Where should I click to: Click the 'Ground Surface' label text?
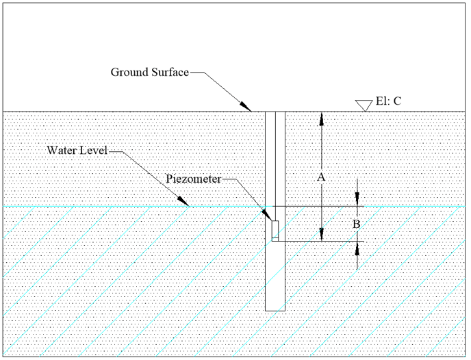[x=149, y=73]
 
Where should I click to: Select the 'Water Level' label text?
[x=77, y=150]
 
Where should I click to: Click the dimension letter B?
[x=356, y=224]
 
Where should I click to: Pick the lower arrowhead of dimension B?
[x=357, y=247]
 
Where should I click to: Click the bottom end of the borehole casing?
[x=275, y=310]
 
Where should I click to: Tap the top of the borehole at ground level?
[x=275, y=112]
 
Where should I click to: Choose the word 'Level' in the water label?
[x=94, y=150]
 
